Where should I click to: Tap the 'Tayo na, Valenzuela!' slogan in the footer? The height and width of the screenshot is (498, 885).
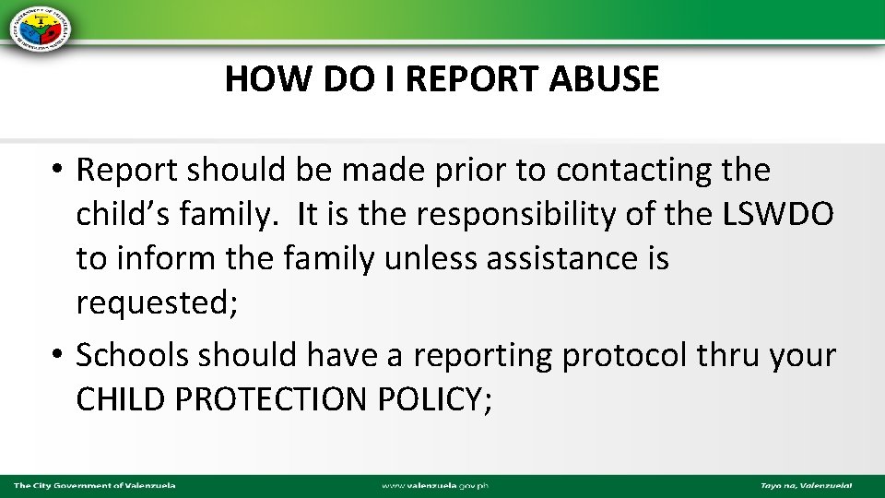[x=806, y=485]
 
